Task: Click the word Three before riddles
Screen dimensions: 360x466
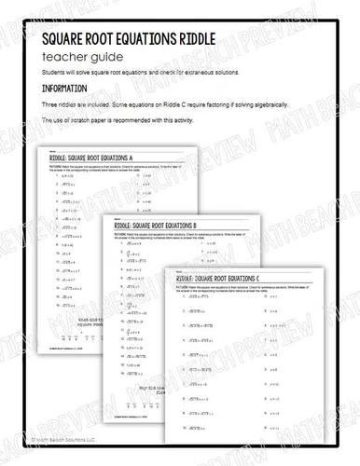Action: point(51,106)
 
